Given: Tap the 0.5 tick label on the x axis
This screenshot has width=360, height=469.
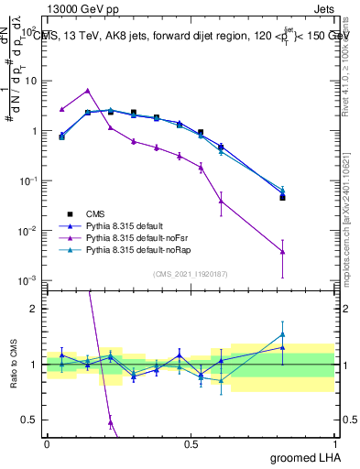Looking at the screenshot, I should pos(191,443).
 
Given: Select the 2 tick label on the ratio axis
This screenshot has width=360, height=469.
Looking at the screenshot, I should pos(34,309).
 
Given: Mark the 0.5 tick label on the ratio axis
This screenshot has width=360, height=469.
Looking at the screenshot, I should pos(30,420).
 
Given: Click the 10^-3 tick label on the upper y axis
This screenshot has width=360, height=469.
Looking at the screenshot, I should pos(26,280).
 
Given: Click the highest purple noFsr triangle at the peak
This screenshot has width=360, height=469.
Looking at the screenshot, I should pos(87,91).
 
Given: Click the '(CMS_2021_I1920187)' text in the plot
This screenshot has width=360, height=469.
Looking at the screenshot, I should pos(190,273).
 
